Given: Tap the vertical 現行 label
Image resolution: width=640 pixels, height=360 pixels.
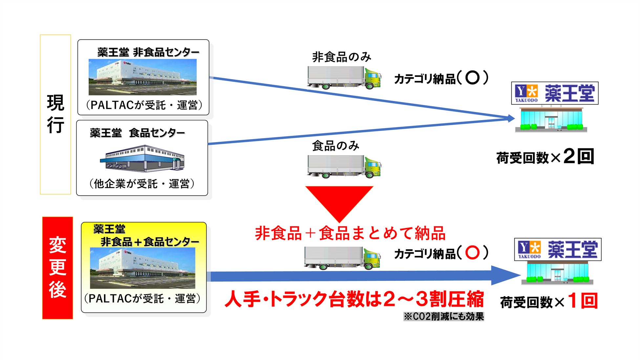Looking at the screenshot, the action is coord(55,114).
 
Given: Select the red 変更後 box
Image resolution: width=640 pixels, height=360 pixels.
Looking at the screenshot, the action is coord(57,267).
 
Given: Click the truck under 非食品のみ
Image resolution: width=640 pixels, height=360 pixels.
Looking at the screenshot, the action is coord(344,78).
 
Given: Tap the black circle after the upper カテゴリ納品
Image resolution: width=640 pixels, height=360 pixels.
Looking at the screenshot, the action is coord(473,78).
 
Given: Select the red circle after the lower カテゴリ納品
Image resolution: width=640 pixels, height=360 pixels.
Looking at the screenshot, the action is coord(472,253).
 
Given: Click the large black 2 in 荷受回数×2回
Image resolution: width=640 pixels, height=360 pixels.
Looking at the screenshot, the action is coord(569,156).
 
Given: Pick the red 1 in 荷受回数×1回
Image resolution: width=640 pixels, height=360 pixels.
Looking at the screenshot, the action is coord(572,301).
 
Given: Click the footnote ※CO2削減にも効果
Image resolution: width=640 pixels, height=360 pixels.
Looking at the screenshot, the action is coord(444,316).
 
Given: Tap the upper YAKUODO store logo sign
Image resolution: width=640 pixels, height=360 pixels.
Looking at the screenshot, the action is coord(555,93).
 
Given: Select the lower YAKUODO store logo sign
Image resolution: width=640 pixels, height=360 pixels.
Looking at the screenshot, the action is coord(558,249).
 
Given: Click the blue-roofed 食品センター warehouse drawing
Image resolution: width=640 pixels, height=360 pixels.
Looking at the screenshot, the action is coord(142,159).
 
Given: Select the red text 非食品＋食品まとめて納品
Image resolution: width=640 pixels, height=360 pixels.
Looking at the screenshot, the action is coord(350,233).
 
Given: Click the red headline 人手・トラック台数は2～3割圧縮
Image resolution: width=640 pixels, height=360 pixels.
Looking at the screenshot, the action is coord(354,299).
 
